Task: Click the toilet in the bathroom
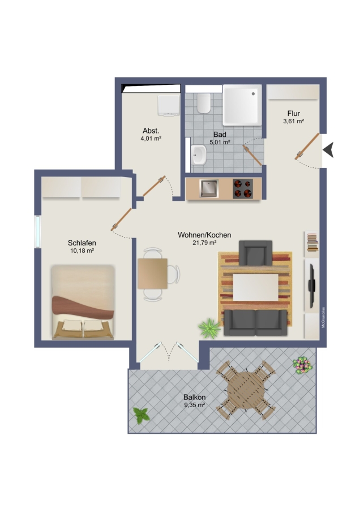[204, 103]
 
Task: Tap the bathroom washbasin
[199, 155]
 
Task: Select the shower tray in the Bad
[242, 105]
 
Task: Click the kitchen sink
[209, 188]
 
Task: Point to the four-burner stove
[243, 188]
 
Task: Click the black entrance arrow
[328, 150]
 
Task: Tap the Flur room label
[293, 113]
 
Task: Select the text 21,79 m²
[205, 243]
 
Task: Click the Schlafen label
[82, 243]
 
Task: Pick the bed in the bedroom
[83, 302]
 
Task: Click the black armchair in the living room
[255, 253]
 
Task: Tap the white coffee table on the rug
[256, 287]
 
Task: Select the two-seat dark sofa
[256, 322]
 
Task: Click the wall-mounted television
[311, 286]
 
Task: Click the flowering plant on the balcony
[302, 365]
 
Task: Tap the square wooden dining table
[152, 274]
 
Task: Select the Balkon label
[194, 397]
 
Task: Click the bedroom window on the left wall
[38, 231]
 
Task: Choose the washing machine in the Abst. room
[169, 105]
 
